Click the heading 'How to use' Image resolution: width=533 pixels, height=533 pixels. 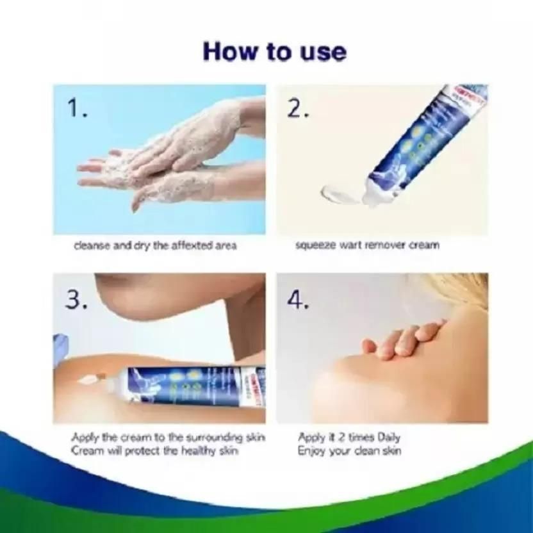pos(274,51)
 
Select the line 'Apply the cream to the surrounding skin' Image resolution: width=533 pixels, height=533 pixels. pos(168,438)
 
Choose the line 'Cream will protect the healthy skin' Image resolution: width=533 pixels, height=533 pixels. pos(154,450)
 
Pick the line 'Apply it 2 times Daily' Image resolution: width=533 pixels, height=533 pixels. pos(349,438)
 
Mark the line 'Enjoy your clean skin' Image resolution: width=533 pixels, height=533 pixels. pos(349,450)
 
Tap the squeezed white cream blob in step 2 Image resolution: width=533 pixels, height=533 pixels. pos(340,192)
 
